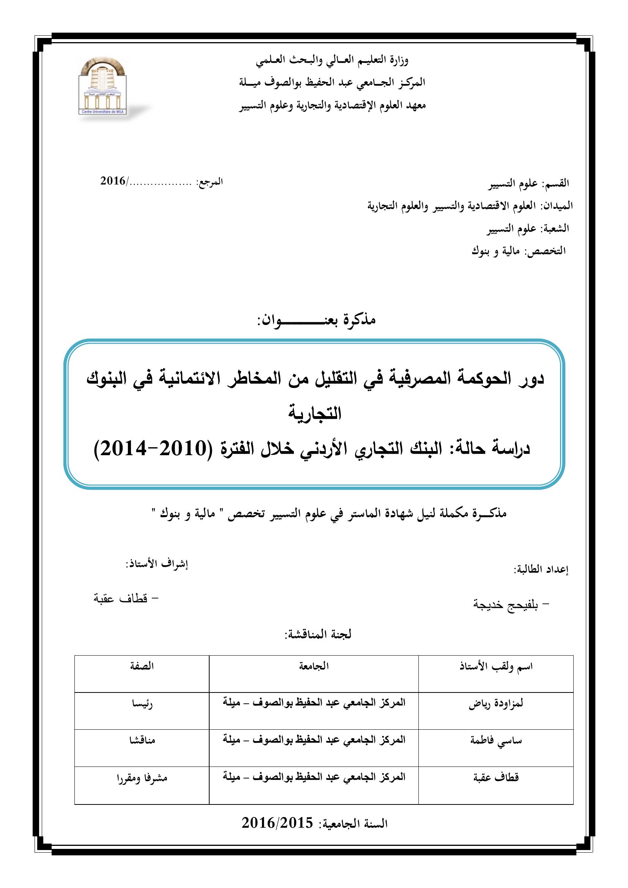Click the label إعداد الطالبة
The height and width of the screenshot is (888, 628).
pyautogui.click(x=541, y=570)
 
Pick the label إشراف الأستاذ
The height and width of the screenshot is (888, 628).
pyautogui.click(x=156, y=564)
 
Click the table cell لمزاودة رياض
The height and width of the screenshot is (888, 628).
pyautogui.click(x=496, y=703)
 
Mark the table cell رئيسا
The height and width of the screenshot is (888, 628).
pyautogui.click(x=142, y=703)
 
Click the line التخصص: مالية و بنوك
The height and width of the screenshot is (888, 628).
pyautogui.click(x=519, y=251)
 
